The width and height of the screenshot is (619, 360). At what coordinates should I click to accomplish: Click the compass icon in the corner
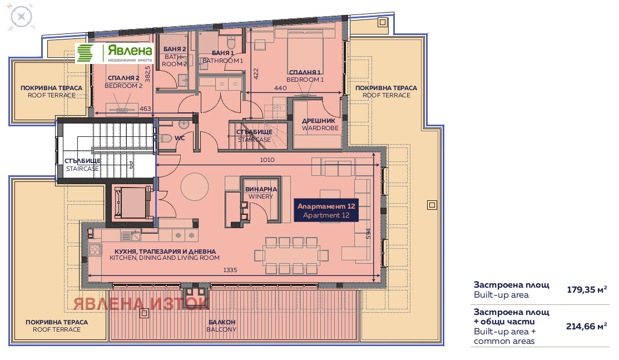[21, 17]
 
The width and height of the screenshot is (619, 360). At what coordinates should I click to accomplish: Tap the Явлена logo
[114, 53]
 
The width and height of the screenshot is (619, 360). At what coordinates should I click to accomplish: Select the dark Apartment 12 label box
[326, 210]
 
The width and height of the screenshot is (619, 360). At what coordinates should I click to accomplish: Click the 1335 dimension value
[230, 270]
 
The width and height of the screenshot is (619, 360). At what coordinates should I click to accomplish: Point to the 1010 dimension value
[267, 160]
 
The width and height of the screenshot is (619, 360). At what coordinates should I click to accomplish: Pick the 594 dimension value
[368, 234]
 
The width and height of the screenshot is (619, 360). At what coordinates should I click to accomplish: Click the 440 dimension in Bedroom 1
[280, 88]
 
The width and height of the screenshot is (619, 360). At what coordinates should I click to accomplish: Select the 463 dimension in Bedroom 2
[145, 109]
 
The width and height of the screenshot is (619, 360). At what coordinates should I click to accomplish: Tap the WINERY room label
[261, 196]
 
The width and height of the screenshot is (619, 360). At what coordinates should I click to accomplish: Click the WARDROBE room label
[320, 128]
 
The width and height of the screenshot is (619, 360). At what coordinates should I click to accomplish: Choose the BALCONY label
[221, 329]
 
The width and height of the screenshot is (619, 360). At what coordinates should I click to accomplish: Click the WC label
[180, 138]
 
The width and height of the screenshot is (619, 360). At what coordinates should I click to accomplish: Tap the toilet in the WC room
[165, 139]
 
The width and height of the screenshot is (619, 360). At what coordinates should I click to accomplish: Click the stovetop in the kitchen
[95, 250]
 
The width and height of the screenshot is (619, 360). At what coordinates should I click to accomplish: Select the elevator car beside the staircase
[132, 203]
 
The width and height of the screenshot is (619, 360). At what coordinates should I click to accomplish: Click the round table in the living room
[195, 186]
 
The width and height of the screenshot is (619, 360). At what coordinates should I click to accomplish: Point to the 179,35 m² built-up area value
[587, 290]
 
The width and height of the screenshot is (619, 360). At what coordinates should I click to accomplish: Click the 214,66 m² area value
[587, 327]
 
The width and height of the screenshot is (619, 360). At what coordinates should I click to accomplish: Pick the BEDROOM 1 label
[305, 80]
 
